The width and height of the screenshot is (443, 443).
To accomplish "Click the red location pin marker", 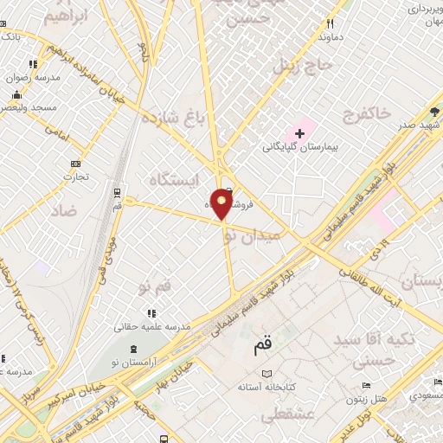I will [x=222, y=205].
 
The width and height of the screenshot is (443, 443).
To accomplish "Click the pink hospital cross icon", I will [x=299, y=133].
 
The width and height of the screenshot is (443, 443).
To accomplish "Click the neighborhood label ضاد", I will [x=63, y=210].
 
